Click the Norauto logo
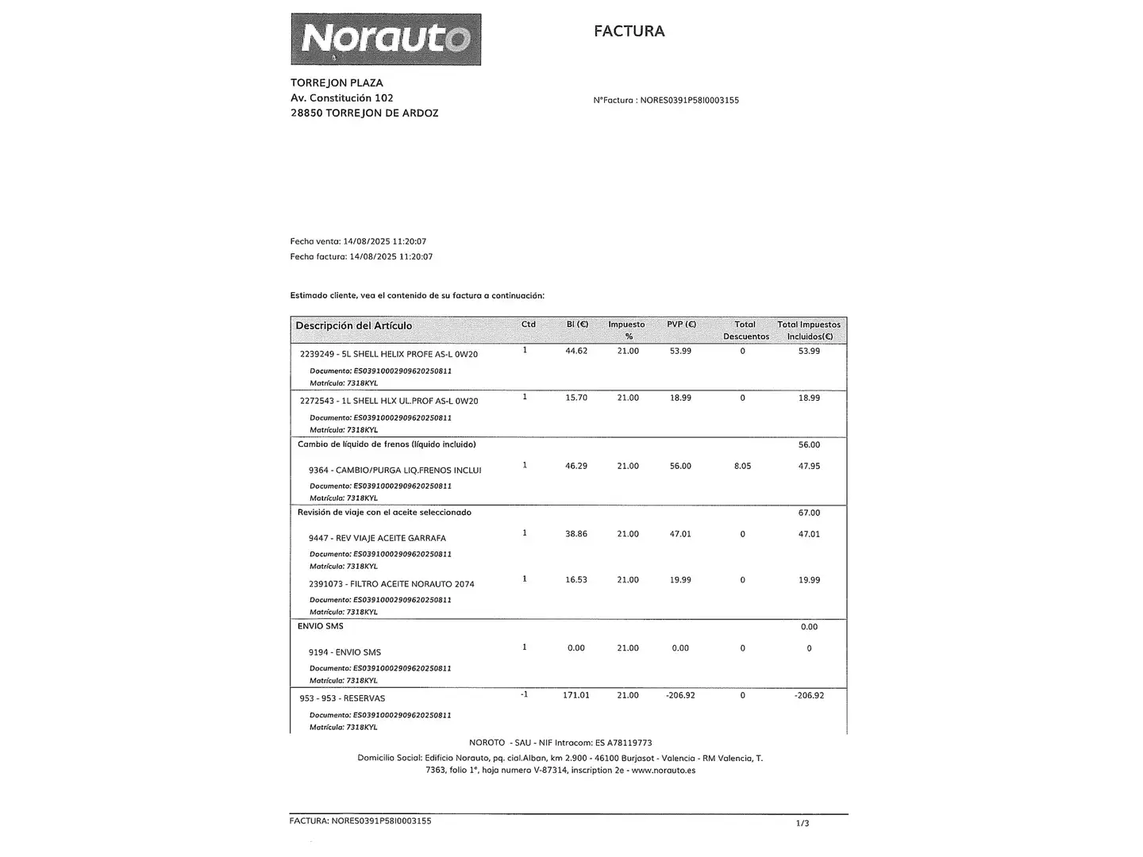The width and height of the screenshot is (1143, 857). click(386, 39)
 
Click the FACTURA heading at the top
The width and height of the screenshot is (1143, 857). click(629, 31)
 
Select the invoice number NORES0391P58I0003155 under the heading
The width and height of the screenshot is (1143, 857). click(689, 101)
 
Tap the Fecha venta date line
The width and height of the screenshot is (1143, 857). click(358, 241)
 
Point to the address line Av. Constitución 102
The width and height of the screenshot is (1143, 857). click(342, 98)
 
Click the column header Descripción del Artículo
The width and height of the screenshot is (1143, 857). click(354, 325)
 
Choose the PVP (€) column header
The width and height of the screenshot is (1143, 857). click(681, 325)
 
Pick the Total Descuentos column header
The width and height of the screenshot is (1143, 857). click(745, 330)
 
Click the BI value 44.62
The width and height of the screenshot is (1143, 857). click(576, 351)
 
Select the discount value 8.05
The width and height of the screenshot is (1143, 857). click(742, 466)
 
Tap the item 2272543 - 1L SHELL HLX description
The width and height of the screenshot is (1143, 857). click(389, 401)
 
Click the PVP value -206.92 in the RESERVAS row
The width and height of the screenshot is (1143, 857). click(680, 695)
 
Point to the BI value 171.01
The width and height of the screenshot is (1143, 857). click(576, 695)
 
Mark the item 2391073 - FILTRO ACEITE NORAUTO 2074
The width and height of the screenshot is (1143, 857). click(391, 584)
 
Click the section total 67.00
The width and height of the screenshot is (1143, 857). click(809, 513)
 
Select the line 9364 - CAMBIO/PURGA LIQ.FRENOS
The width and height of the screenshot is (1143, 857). click(394, 470)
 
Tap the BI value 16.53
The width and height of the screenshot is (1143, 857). click(576, 580)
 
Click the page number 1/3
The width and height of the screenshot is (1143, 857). click(802, 824)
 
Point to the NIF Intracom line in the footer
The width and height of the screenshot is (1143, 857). click(560, 743)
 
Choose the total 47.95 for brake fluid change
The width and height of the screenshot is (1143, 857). click(809, 466)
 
